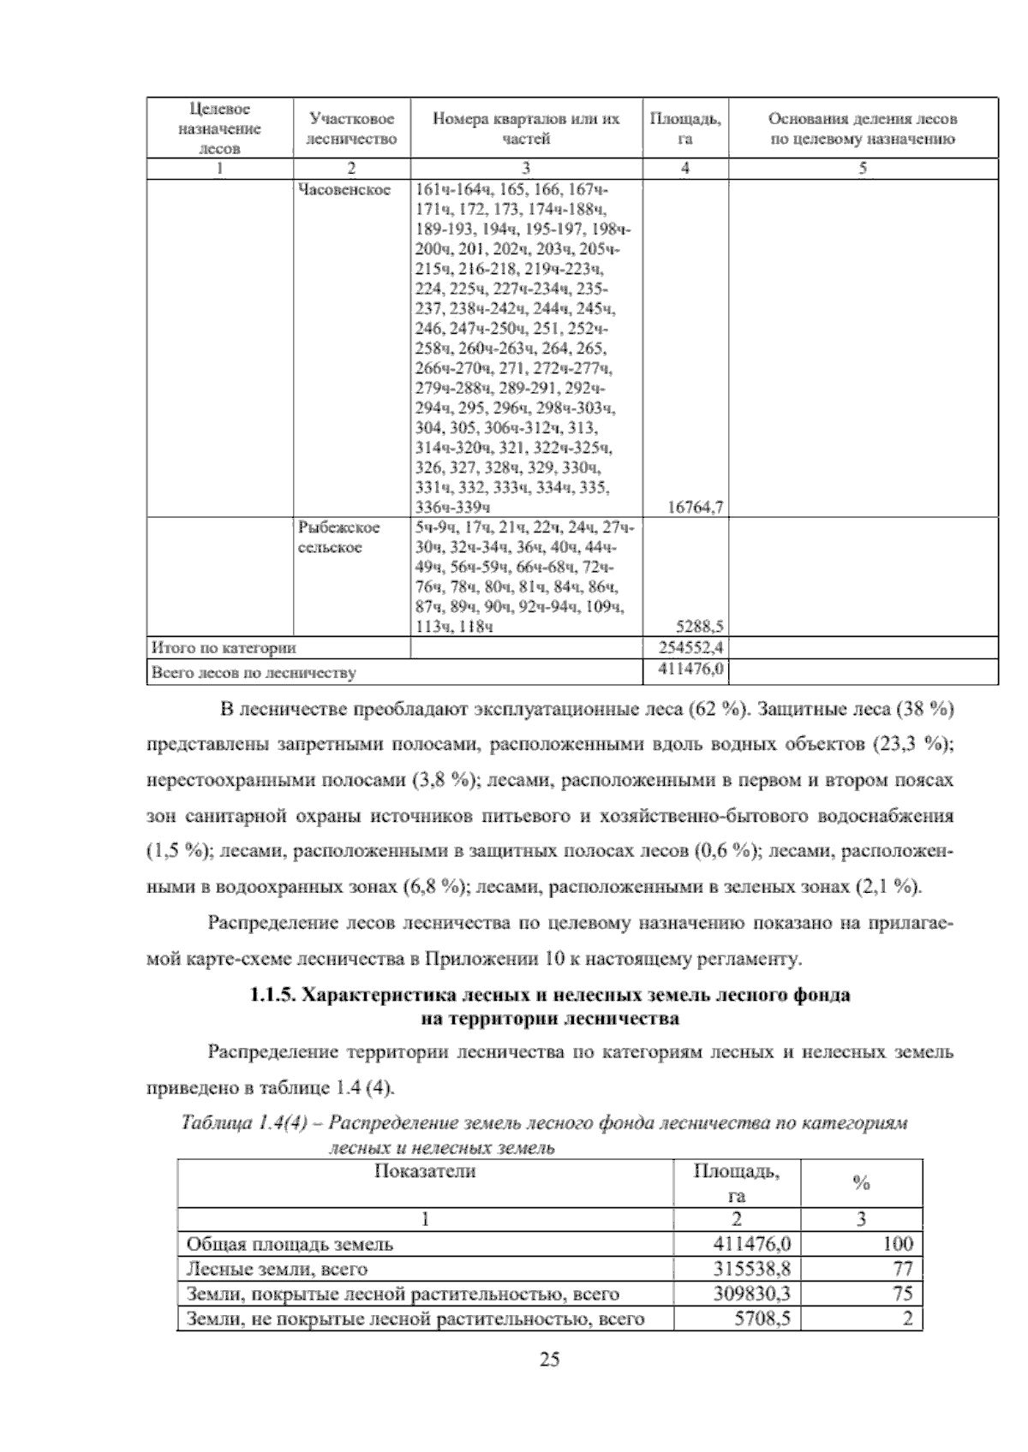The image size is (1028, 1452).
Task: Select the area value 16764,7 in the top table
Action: [696, 507]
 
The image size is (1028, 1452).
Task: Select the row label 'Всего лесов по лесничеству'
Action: [253, 673]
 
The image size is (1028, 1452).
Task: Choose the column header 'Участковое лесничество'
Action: [352, 128]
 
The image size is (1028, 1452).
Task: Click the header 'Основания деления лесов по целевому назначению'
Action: [862, 128]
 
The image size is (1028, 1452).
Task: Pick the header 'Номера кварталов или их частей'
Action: [525, 128]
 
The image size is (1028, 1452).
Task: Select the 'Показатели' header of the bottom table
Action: [425, 1171]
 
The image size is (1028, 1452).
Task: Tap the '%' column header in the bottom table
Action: [861, 1184]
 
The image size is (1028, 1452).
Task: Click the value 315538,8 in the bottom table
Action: [752, 1268]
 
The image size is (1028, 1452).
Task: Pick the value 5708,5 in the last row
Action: [762, 1319]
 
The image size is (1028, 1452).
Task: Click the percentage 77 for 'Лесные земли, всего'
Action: [902, 1268]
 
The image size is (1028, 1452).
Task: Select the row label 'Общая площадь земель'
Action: [290, 1244]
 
